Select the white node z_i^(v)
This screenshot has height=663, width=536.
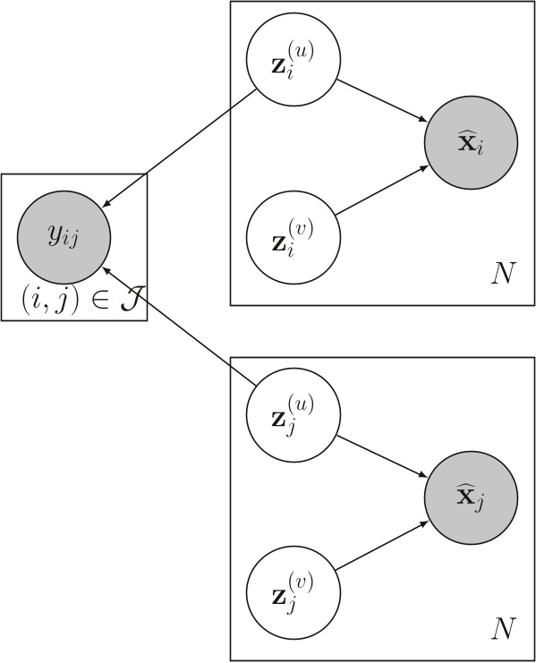(x=292, y=234)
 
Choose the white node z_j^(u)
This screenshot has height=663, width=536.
(x=292, y=417)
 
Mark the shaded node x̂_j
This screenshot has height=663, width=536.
(x=472, y=497)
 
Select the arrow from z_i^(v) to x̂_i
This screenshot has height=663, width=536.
(x=382, y=191)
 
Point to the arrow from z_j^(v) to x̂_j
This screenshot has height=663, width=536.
(x=382, y=545)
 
